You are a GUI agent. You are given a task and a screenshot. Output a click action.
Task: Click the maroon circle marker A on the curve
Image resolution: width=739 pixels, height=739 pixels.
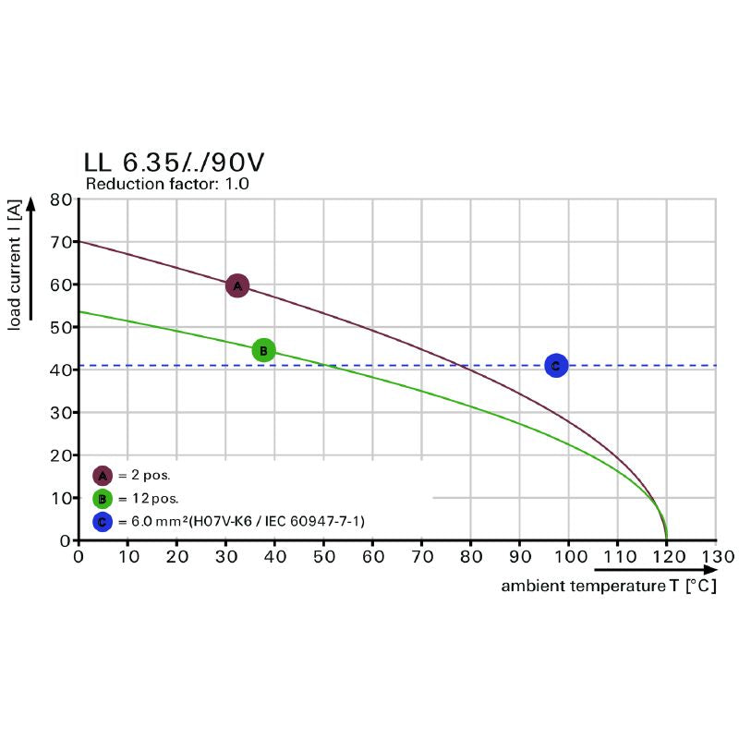click(237, 285)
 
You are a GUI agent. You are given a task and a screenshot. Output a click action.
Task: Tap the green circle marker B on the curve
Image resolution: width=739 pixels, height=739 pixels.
click(263, 350)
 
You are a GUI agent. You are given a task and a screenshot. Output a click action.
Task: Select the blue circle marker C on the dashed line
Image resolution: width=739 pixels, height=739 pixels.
click(555, 366)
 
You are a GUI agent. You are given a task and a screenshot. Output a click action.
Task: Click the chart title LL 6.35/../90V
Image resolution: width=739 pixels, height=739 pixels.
click(174, 162)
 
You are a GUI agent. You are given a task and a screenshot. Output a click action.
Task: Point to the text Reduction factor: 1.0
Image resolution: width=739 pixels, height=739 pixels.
click(167, 184)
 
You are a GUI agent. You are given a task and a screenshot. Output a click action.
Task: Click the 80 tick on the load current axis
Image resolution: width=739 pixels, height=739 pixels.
click(61, 200)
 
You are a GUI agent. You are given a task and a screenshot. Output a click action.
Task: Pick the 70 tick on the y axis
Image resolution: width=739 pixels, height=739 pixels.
click(61, 242)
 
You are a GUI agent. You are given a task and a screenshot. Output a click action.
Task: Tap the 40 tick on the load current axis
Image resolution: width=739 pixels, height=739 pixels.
click(61, 369)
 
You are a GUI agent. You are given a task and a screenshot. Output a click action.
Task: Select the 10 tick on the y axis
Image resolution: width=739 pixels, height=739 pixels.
click(61, 498)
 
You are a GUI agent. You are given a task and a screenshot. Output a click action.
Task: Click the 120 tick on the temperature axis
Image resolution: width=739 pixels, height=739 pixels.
click(666, 557)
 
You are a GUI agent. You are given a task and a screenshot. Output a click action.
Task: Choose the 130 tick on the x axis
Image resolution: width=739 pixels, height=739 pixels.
click(716, 557)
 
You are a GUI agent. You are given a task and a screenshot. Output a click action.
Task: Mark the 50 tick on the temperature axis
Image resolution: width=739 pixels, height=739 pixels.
click(323, 557)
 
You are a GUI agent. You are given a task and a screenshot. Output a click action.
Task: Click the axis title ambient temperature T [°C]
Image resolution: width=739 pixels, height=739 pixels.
click(609, 587)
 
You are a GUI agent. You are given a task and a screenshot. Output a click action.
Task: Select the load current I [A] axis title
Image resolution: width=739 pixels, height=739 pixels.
click(15, 263)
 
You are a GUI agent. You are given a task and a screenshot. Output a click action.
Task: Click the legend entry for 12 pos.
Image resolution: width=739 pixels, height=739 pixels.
click(150, 499)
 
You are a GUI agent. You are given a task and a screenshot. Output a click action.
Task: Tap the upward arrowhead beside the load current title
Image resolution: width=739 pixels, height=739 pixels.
click(33, 205)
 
